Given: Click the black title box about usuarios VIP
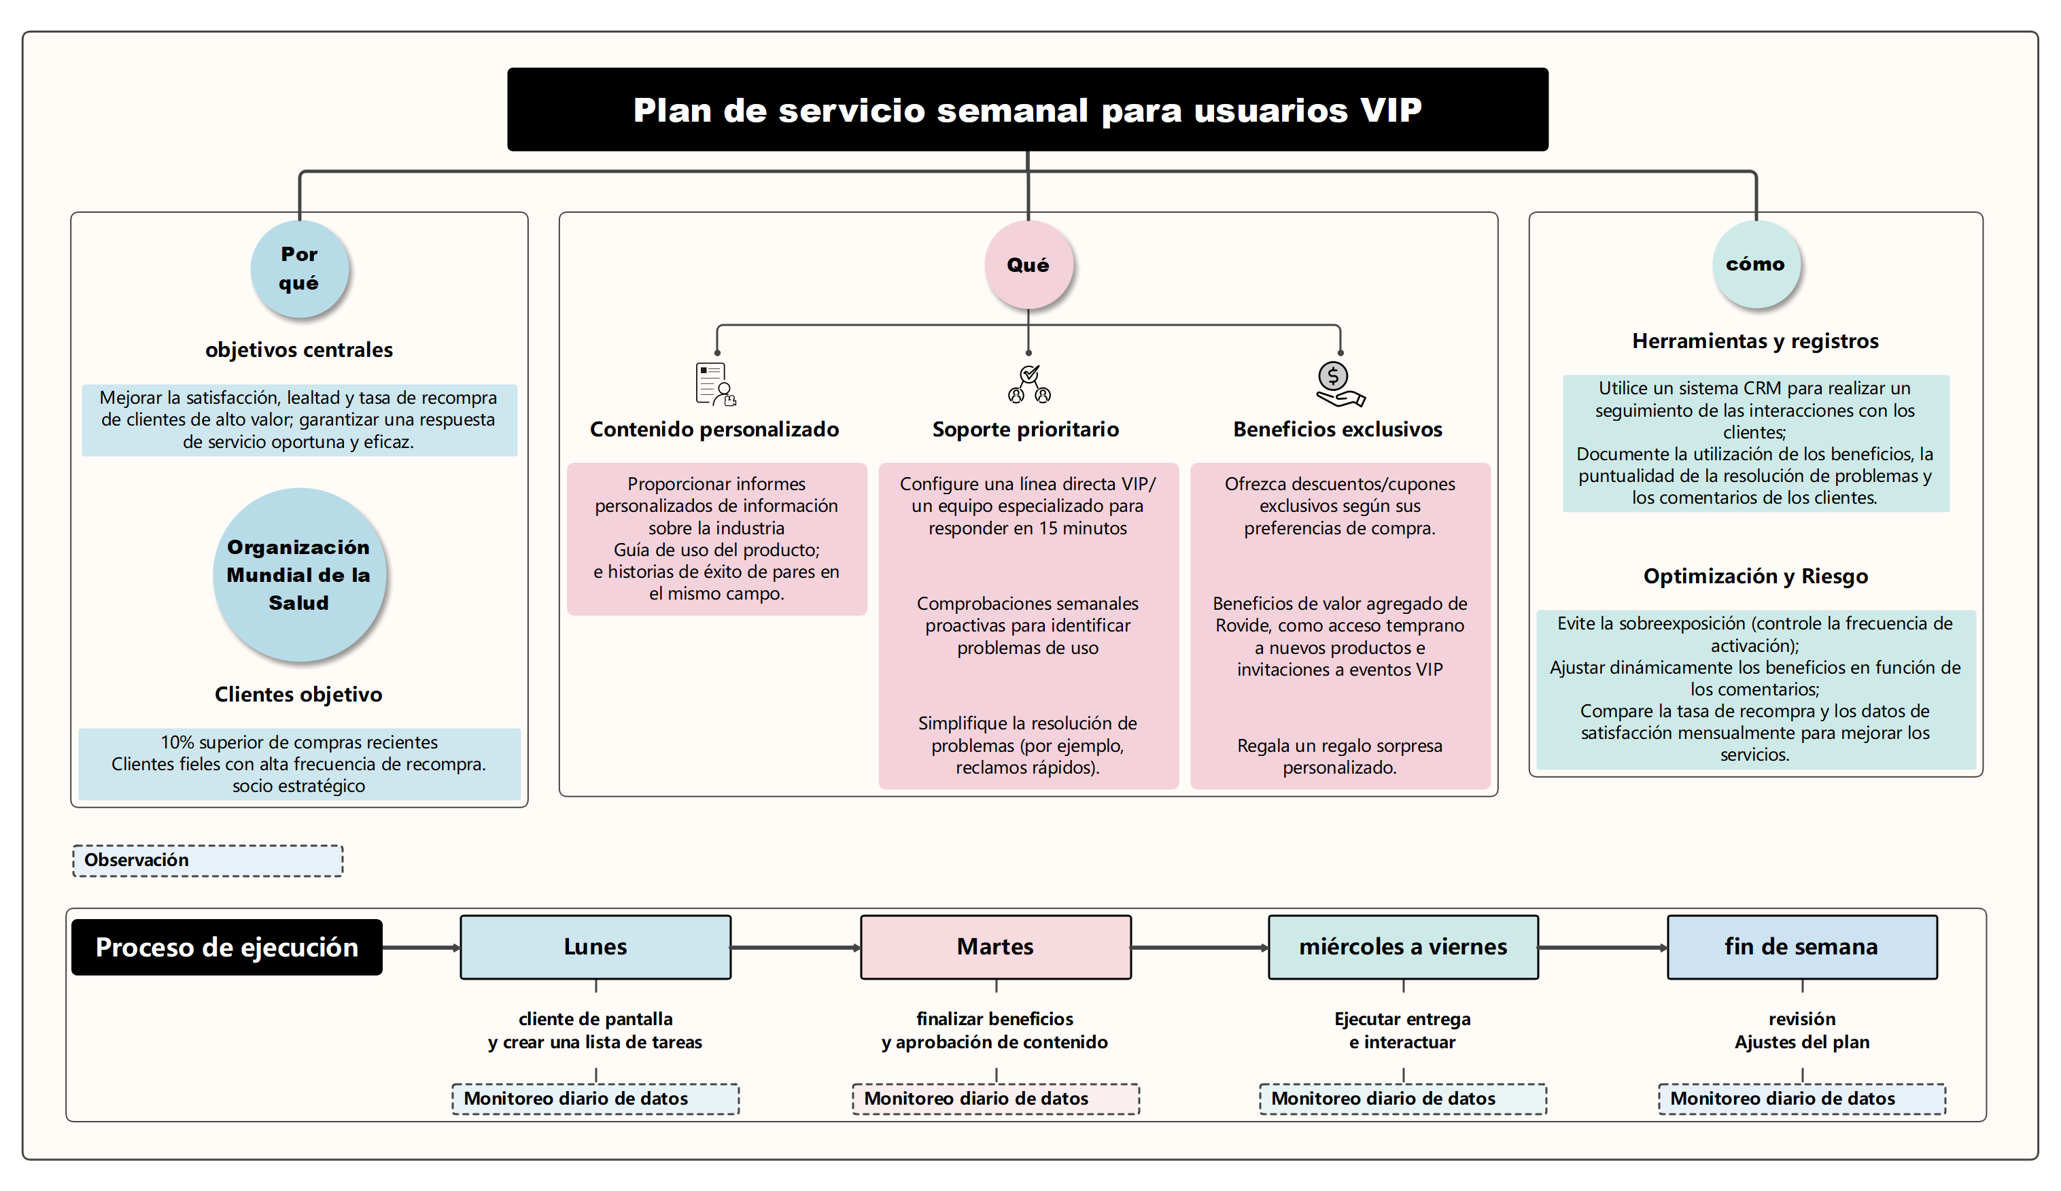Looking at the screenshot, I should (1027, 109).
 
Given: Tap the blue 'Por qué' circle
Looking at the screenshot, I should (299, 269).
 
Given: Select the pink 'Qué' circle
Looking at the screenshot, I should (1028, 265).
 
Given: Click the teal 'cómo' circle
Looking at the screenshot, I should (1755, 264).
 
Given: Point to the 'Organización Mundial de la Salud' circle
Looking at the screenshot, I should (299, 575).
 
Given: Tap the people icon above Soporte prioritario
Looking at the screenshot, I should (1029, 383).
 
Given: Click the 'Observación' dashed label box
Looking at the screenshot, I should (208, 861).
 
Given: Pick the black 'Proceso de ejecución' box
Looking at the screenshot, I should (226, 947).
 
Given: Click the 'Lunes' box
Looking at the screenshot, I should (595, 947).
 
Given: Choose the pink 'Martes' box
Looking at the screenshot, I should (995, 947).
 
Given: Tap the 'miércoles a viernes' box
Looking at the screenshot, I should (1402, 947).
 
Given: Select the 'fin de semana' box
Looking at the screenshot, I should (1802, 947).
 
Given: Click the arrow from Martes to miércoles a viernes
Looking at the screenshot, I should (1199, 948).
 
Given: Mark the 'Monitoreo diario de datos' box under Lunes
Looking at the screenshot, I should (595, 1099).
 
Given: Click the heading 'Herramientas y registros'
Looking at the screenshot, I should (1755, 341).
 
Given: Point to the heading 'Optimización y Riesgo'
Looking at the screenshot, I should (1755, 576).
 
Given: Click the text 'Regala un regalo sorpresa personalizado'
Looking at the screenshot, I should (1339, 757).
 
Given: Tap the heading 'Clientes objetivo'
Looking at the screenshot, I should (298, 695).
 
